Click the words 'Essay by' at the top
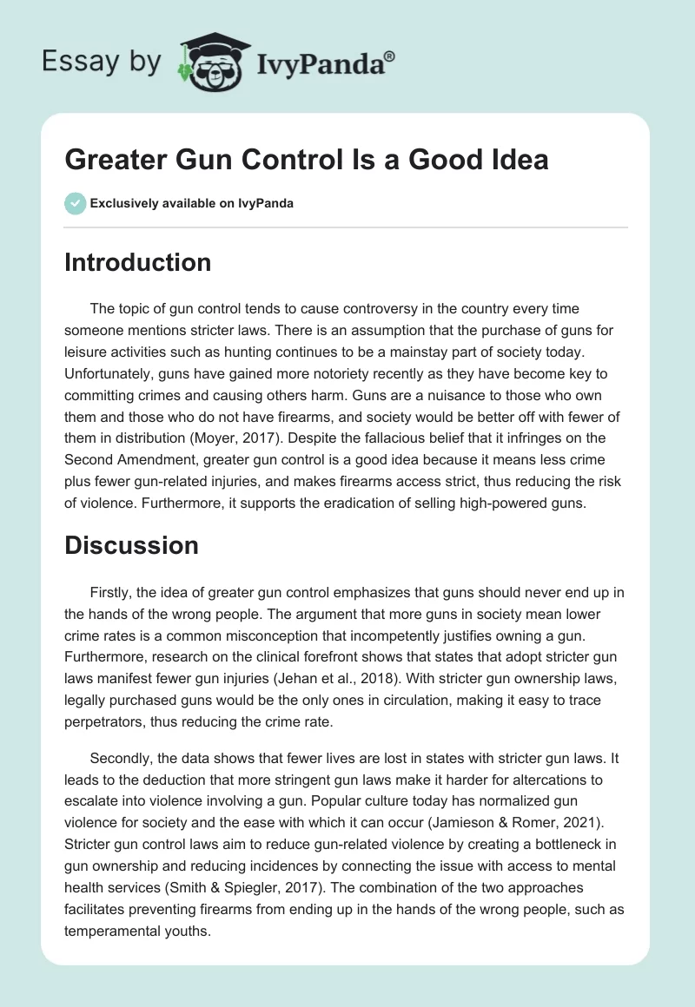point(103,61)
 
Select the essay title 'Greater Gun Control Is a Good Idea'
point(306,160)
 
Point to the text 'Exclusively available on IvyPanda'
point(192,203)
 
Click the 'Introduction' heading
point(137,262)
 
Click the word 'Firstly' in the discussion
point(110,592)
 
